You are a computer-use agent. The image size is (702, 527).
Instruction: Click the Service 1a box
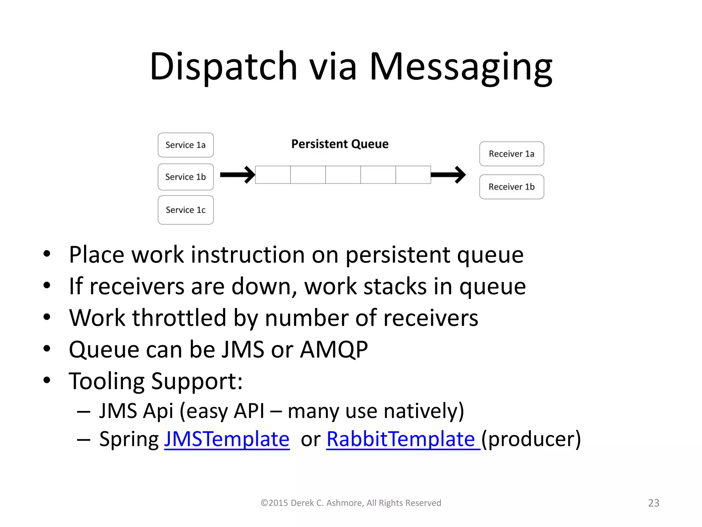pyautogui.click(x=185, y=145)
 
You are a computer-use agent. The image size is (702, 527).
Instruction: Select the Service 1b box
pyautogui.click(x=185, y=177)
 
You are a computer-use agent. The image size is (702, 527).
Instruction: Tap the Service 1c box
pyautogui.click(x=185, y=210)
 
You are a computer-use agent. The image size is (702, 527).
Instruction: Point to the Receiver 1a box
pyautogui.click(x=511, y=154)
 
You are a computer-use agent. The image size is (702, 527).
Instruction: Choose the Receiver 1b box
pyautogui.click(x=511, y=187)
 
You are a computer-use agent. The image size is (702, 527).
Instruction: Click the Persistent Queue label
pyautogui.click(x=340, y=144)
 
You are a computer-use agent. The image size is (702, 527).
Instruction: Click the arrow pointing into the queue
pyautogui.click(x=238, y=175)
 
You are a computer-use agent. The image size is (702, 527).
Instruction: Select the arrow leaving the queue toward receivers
pyautogui.click(x=448, y=175)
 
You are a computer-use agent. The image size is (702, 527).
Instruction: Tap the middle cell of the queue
pyautogui.click(x=343, y=175)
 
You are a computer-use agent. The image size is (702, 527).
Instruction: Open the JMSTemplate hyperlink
pyautogui.click(x=227, y=439)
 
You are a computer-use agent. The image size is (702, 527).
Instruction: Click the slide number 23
pyautogui.click(x=654, y=503)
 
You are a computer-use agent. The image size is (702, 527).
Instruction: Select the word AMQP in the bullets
pyautogui.click(x=334, y=350)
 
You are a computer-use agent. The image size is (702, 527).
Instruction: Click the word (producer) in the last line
pyautogui.click(x=531, y=439)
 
